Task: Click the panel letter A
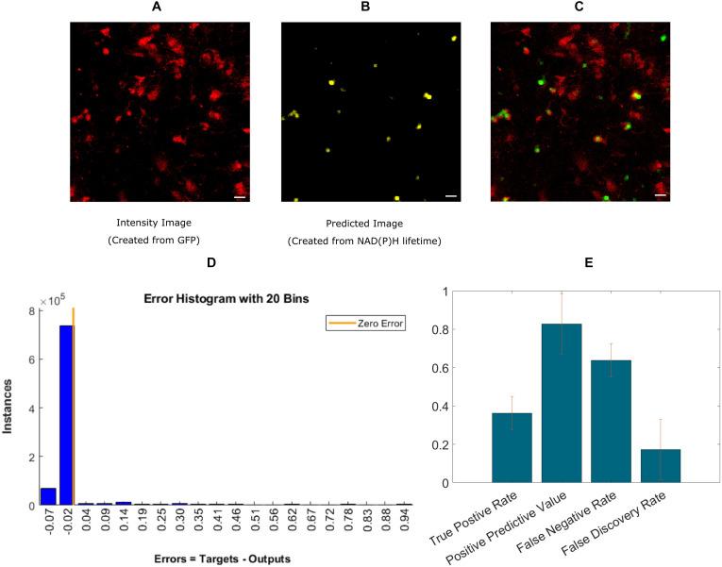tap(156, 8)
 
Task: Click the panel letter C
tap(579, 8)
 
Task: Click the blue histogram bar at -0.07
tap(48, 496)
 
